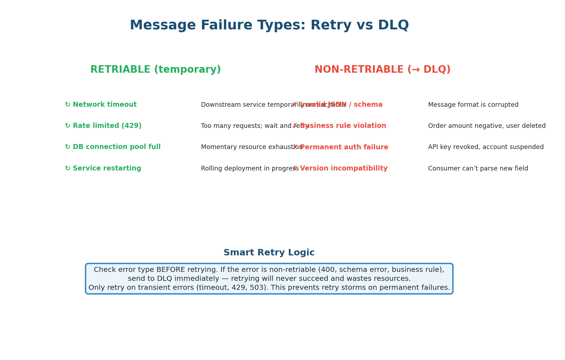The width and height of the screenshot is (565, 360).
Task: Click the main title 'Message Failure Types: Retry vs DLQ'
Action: pos(269,25)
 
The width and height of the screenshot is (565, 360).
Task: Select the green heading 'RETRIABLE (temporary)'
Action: pos(155,70)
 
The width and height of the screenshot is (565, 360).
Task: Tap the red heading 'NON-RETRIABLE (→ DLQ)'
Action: pos(382,70)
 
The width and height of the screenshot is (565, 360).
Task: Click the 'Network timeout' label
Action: pos(105,105)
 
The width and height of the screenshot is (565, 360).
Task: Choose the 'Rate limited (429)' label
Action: pos(107,126)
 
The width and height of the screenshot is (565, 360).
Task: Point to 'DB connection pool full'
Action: pos(116,147)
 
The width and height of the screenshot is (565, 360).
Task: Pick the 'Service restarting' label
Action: pos(107,168)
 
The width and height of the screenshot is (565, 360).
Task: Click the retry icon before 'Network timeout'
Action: pos(67,105)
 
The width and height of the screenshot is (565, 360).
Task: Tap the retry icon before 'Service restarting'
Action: pos(67,168)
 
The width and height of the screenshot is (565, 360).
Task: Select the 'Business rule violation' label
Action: pos(343,126)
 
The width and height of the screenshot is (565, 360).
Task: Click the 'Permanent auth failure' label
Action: pos(344,147)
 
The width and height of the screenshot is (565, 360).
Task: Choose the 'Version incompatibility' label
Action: pos(344,168)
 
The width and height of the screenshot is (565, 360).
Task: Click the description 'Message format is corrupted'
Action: pos(473,105)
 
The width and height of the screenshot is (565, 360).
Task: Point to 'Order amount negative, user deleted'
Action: pos(487,126)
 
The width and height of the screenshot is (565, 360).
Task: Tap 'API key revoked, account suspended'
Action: pos(485,147)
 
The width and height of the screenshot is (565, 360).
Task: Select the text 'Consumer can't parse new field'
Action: pos(478,169)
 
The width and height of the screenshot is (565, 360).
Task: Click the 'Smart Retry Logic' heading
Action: pos(269,253)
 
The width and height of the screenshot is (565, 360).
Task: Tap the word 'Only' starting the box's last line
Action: pos(97,288)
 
